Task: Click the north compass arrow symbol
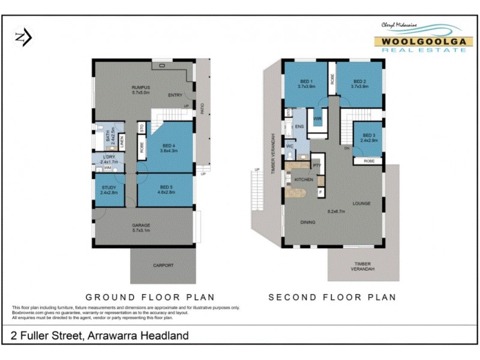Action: [x=23, y=38]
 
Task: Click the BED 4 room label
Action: [x=170, y=145]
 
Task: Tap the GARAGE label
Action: [x=141, y=226]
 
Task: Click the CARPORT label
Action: [x=163, y=265]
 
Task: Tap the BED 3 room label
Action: [x=368, y=136]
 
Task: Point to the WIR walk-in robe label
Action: [x=317, y=119]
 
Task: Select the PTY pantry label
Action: [x=317, y=165]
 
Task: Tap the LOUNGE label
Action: [x=362, y=203]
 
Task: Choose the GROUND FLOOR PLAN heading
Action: [x=150, y=297]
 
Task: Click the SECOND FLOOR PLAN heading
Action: [x=332, y=297]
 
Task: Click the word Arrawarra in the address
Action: [x=112, y=335]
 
